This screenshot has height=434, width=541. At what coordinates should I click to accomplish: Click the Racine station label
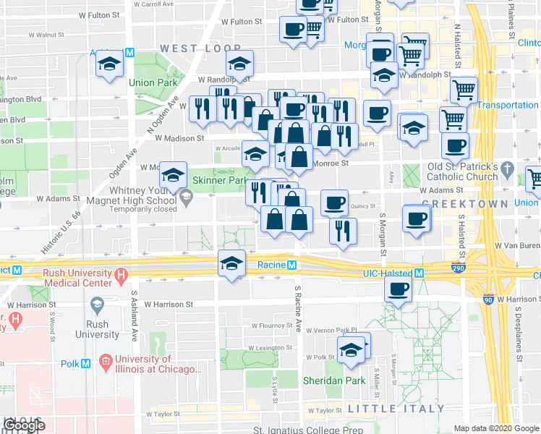pyautogui.click(x=271, y=265)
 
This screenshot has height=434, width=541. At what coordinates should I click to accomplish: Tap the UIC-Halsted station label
pyautogui.click(x=387, y=273)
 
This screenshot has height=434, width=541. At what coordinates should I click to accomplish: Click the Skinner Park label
pyautogui.click(x=226, y=179)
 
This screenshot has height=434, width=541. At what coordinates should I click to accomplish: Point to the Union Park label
pyautogui.click(x=152, y=82)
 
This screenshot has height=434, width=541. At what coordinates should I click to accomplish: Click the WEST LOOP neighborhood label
pyautogui.click(x=190, y=48)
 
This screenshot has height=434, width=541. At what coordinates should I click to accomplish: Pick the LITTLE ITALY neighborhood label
pyautogui.click(x=396, y=409)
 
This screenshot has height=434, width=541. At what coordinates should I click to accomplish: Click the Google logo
pyautogui.click(x=24, y=425)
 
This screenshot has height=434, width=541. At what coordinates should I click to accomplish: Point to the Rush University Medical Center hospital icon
pyautogui.click(x=122, y=275)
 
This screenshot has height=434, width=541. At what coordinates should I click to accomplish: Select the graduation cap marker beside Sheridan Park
pyautogui.click(x=351, y=350)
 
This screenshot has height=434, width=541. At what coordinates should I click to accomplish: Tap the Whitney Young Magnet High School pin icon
pyautogui.click(x=186, y=195)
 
